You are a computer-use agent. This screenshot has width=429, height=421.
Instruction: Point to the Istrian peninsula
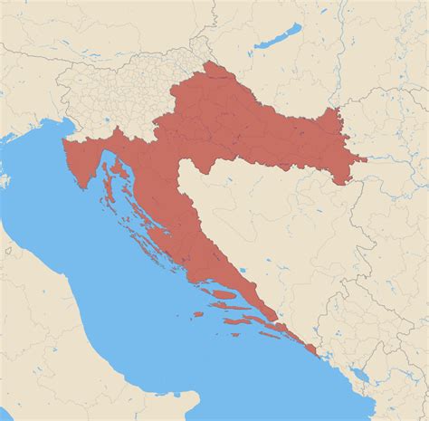point(81,161)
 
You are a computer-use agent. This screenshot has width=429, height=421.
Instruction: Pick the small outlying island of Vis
point(197,314)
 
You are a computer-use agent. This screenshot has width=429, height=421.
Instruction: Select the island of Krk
point(117,164)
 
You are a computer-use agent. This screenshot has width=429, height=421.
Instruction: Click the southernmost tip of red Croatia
point(316,354)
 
